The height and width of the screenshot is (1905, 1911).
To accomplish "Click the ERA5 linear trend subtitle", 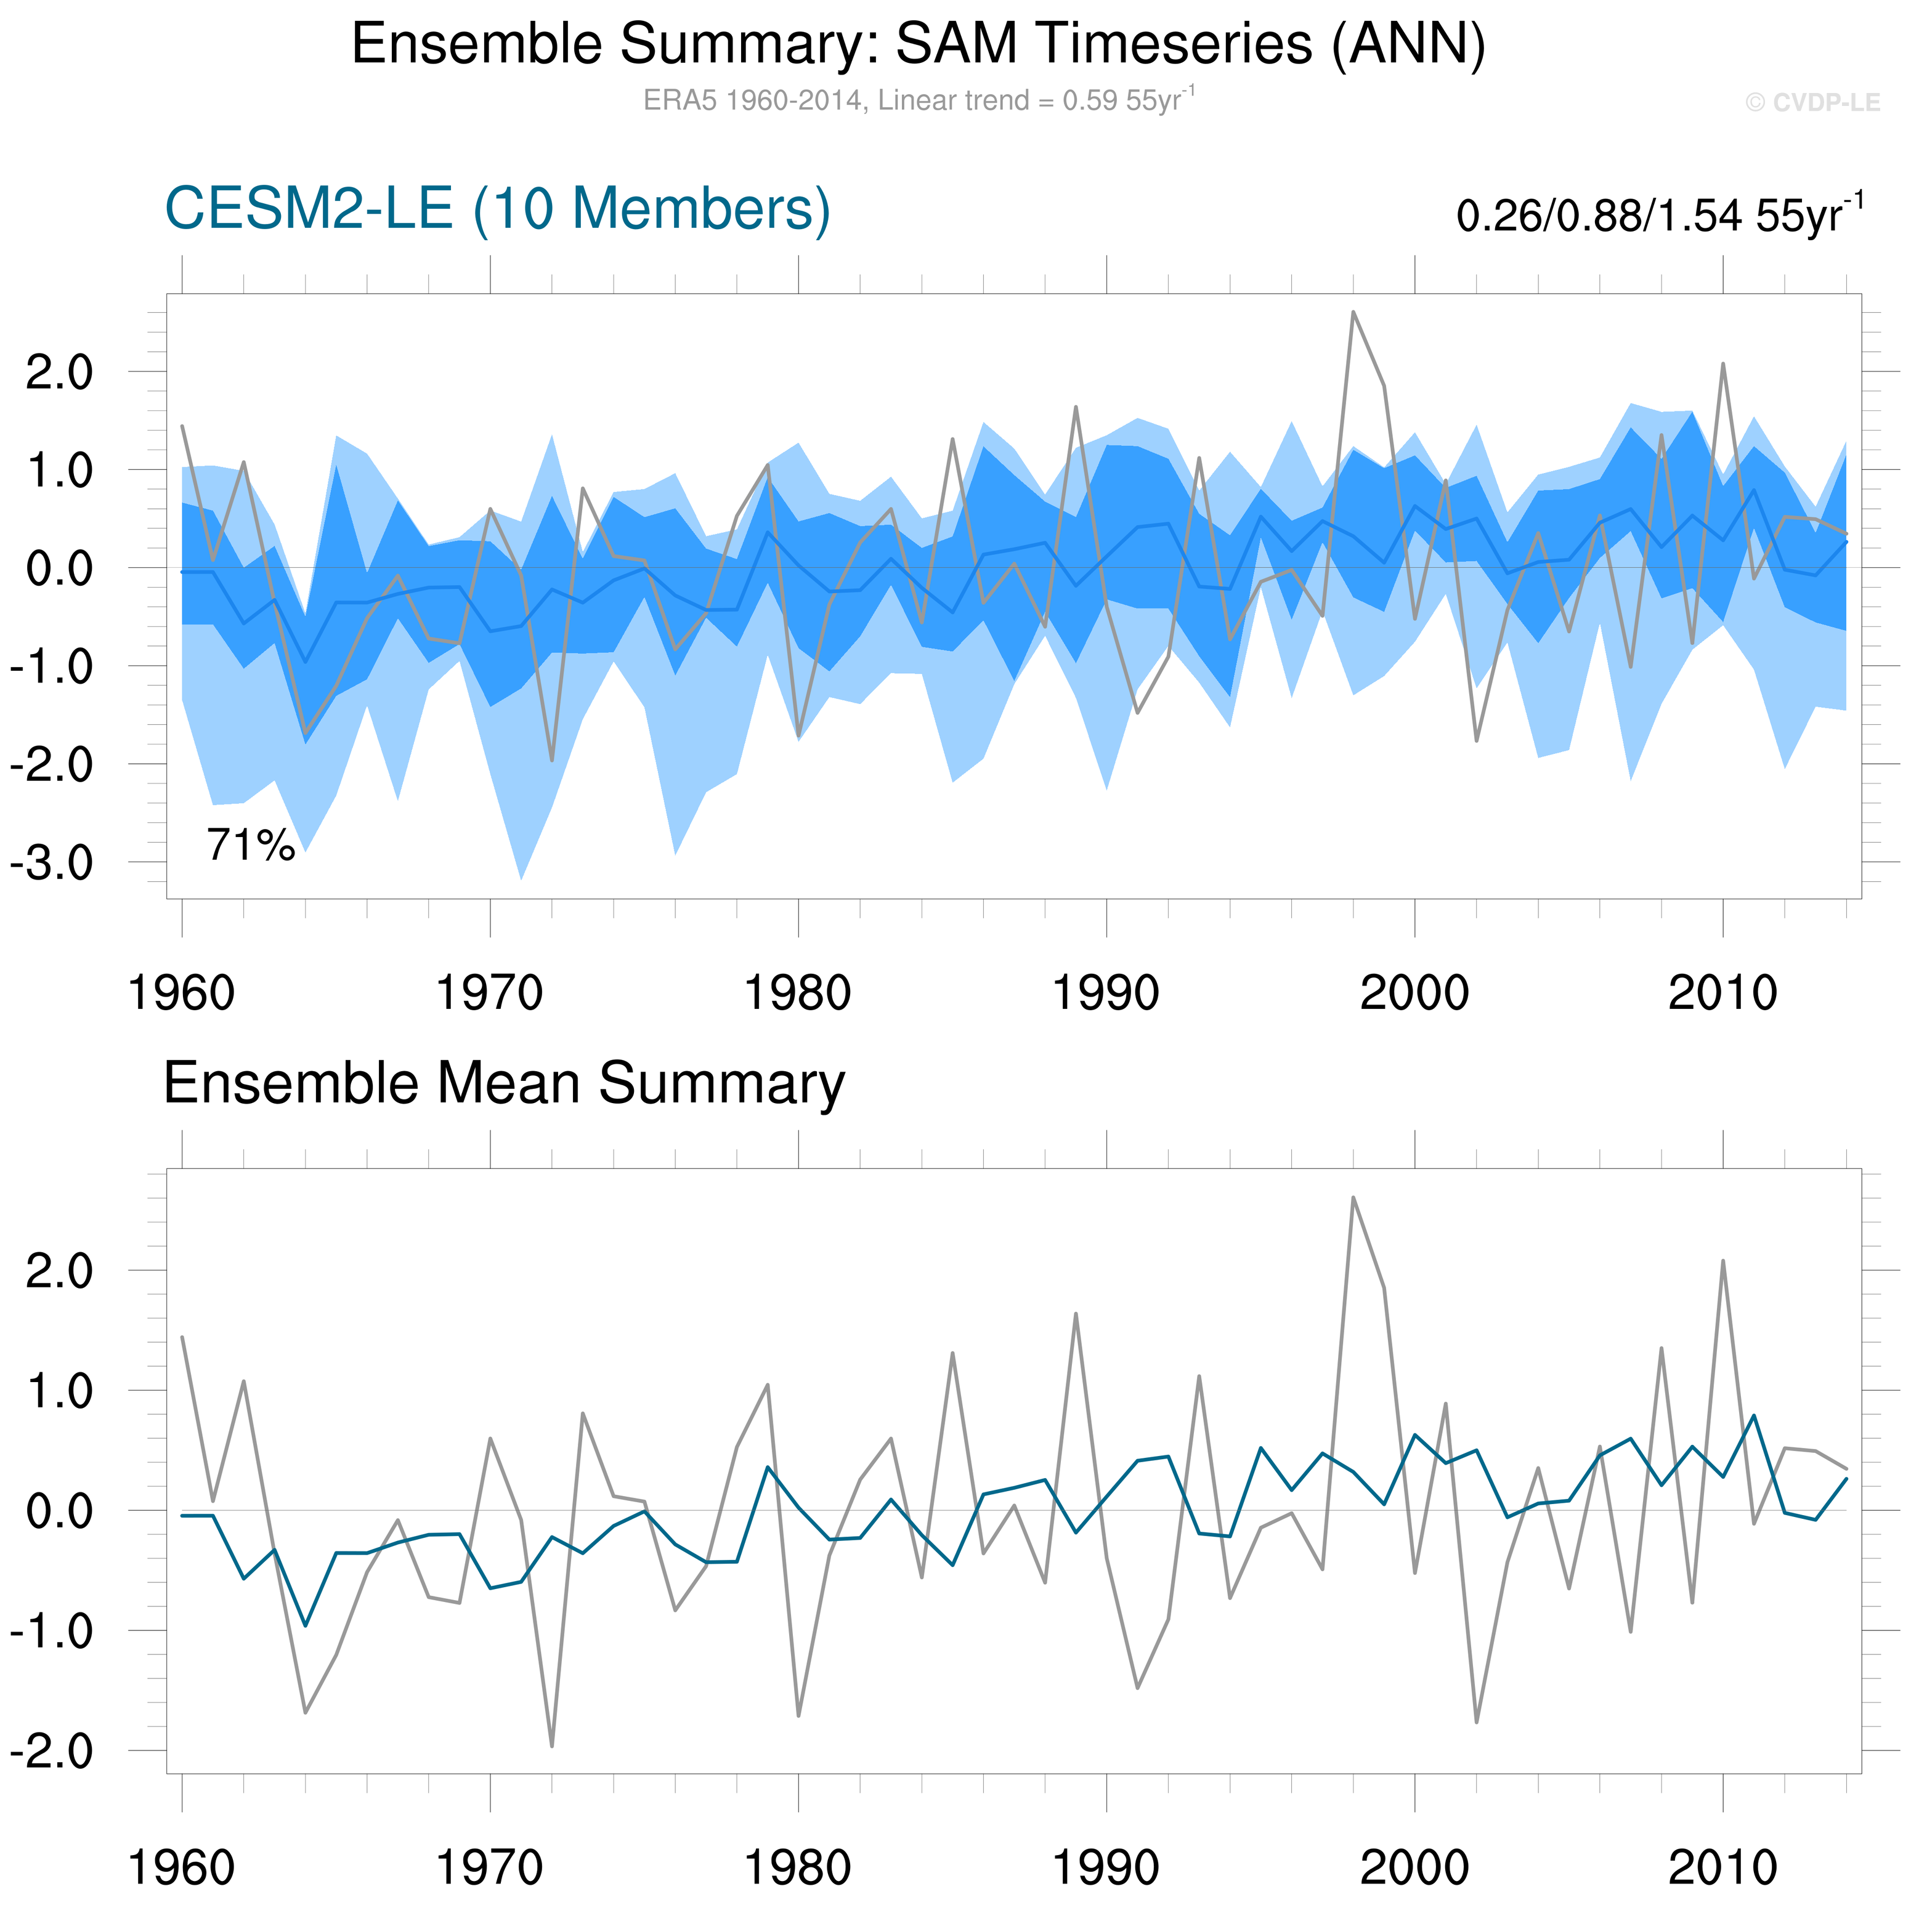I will coord(918,100).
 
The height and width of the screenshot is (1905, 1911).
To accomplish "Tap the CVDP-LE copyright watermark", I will coord(1812,103).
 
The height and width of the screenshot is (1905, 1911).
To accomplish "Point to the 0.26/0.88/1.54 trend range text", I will coord(1659,214).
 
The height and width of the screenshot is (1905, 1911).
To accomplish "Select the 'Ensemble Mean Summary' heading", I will coord(503,1083).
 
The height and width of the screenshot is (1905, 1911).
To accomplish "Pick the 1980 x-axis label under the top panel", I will coord(797,993).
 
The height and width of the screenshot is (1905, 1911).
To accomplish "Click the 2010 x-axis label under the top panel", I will coord(1722,993).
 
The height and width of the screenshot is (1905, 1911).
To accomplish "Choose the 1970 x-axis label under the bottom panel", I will coord(490,1867).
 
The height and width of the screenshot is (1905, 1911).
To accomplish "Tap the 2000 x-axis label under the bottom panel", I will coord(1414,1867).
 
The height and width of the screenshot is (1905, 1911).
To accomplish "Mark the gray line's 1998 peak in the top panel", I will coord(1353,312).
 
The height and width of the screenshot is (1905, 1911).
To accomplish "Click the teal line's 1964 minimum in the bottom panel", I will coord(306,1626).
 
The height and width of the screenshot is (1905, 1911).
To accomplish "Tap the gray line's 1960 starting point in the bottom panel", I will coord(182,1337).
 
